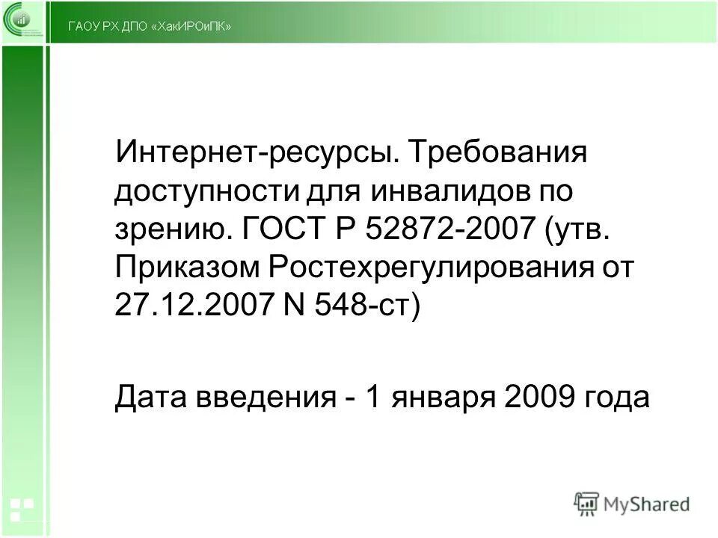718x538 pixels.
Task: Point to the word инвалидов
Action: coord(443,194)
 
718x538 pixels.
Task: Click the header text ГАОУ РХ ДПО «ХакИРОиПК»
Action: coord(149,27)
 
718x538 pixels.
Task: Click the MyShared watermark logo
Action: coord(632,504)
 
